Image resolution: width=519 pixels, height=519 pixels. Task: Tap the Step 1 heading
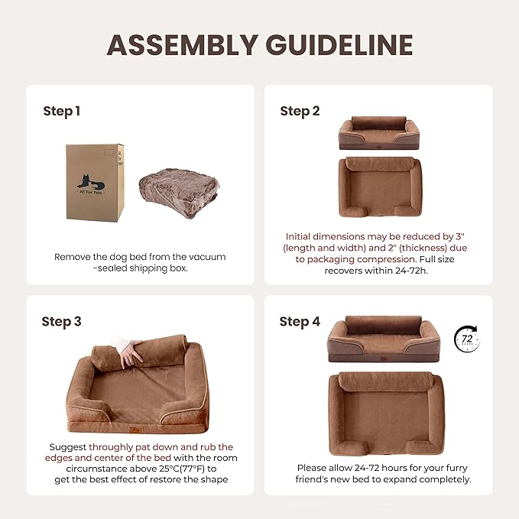click(x=62, y=111)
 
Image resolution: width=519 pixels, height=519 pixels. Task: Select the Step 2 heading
click(x=300, y=111)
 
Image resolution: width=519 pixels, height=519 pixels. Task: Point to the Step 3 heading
click(x=62, y=321)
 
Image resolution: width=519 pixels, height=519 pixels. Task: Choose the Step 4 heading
click(x=300, y=321)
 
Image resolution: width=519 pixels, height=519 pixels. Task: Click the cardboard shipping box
click(x=96, y=181)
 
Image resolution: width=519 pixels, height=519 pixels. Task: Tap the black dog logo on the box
click(x=90, y=182)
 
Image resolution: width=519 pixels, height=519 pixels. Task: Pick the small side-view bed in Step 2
click(x=378, y=134)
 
